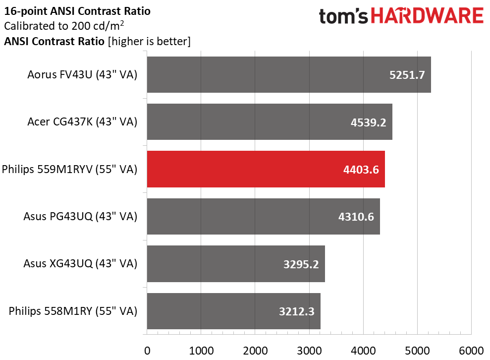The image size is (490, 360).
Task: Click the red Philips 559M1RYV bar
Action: [x=266, y=169]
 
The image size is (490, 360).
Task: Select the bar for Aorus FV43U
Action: [x=289, y=75]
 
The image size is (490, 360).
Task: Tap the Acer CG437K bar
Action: [x=270, y=122]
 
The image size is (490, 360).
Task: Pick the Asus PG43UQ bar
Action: [x=264, y=216]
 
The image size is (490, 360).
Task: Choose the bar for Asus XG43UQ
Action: [x=236, y=264]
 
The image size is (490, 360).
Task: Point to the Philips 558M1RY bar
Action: [x=234, y=311]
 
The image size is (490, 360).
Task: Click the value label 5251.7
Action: [x=407, y=75]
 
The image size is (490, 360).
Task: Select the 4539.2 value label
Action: [x=369, y=122]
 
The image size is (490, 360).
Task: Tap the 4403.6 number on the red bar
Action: [x=361, y=170]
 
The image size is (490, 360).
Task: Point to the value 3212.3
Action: [x=297, y=311]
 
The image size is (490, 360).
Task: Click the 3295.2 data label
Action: [x=301, y=264]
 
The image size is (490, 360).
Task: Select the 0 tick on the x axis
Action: [x=147, y=351]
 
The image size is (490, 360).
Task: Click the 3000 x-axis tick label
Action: [x=309, y=351]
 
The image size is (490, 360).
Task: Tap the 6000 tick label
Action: [x=471, y=351]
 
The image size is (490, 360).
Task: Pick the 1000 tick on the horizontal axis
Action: [x=201, y=351]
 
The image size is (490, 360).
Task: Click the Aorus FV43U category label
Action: [x=83, y=75]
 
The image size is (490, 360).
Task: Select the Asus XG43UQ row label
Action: [x=80, y=264]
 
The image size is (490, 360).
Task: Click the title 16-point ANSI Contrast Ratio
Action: [x=77, y=11]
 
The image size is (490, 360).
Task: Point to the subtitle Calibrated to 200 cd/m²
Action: [x=64, y=26]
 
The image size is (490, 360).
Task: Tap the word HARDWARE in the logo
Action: [x=427, y=16]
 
